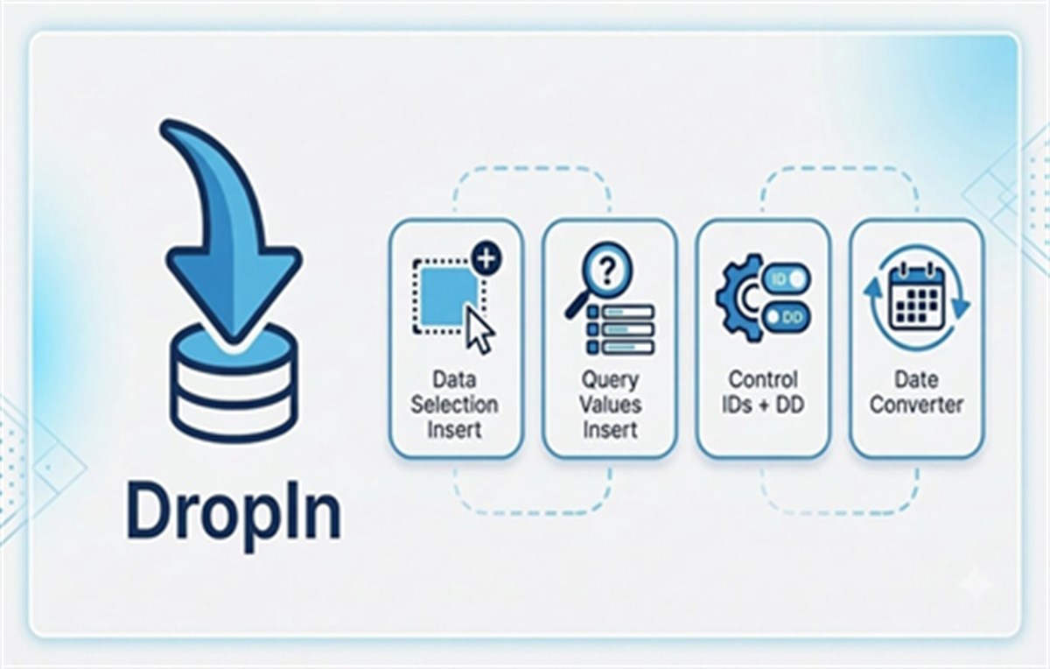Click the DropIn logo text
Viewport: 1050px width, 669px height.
pyautogui.click(x=233, y=515)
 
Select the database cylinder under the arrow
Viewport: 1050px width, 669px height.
pyautogui.click(x=234, y=384)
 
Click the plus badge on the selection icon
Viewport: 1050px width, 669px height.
pyautogui.click(x=486, y=257)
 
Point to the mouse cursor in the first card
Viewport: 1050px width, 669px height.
pyautogui.click(x=479, y=329)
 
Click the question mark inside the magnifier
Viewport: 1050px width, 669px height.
pyautogui.click(x=607, y=271)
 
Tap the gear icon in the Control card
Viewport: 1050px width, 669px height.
pyautogui.click(x=739, y=298)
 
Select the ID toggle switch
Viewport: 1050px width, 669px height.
pyautogui.click(x=787, y=279)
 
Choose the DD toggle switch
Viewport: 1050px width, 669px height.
pyautogui.click(x=787, y=318)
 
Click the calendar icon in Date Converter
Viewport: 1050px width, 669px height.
pyautogui.click(x=917, y=297)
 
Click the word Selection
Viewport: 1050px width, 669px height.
pyautogui.click(x=454, y=405)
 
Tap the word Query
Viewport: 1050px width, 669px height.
pyautogui.click(x=610, y=380)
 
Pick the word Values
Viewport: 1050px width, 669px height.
pyautogui.click(x=610, y=405)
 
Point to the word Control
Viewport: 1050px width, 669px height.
pyautogui.click(x=763, y=379)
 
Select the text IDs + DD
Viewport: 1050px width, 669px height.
pyautogui.click(x=763, y=405)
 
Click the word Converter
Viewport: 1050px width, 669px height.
pyautogui.click(x=916, y=405)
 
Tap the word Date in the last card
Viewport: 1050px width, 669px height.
pyautogui.click(x=916, y=379)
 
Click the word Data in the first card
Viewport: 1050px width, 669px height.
pyautogui.click(x=454, y=379)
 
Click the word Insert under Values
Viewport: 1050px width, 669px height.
pyautogui.click(x=610, y=429)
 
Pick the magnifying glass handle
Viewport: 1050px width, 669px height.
pyautogui.click(x=577, y=305)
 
